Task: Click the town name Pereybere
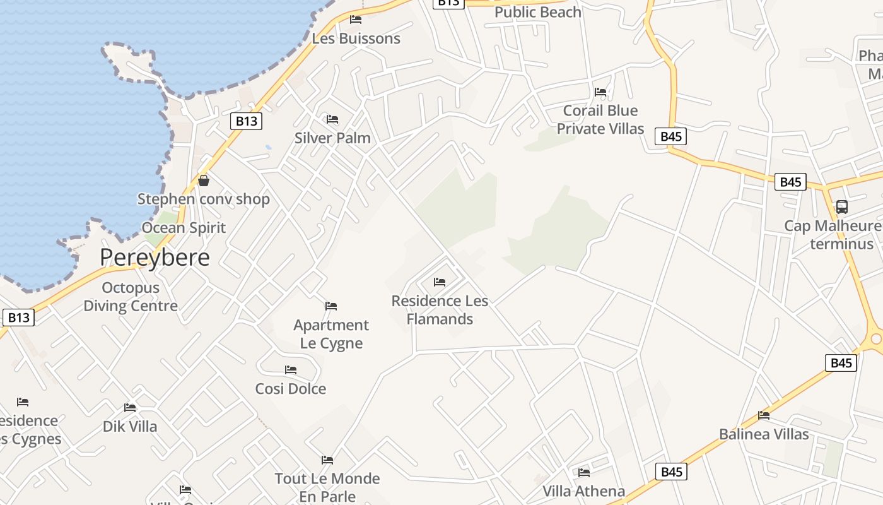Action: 155,258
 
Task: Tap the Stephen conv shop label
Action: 204,199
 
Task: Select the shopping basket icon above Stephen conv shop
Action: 204,181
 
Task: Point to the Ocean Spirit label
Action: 184,228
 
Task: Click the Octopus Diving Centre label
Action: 131,297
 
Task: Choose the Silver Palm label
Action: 332,138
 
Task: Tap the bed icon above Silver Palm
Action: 332,119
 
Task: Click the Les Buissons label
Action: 356,39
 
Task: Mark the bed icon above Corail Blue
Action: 600,92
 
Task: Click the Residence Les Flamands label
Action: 440,310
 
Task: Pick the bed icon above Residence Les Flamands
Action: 440,282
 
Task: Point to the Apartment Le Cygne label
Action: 331,334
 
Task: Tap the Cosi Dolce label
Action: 290,389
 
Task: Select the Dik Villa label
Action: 130,427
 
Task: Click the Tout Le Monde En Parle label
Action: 327,487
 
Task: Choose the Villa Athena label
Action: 583,491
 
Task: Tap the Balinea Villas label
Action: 764,434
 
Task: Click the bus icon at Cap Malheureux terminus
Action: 841,206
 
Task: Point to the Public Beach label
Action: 537,12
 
